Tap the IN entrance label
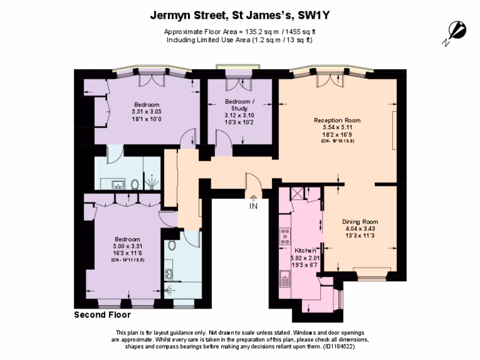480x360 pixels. click(253, 206)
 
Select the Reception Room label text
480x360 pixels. click(337, 120)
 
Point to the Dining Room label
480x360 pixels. click(360, 222)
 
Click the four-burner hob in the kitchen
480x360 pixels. click(284, 237)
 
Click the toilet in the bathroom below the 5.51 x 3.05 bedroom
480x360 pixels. click(135, 184)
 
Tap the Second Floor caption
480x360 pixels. click(102, 315)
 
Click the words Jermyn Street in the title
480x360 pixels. click(186, 15)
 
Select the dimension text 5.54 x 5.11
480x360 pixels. click(337, 127)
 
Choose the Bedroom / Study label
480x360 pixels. click(240, 105)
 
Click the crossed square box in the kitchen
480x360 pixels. click(297, 193)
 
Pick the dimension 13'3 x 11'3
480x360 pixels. click(360, 236)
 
